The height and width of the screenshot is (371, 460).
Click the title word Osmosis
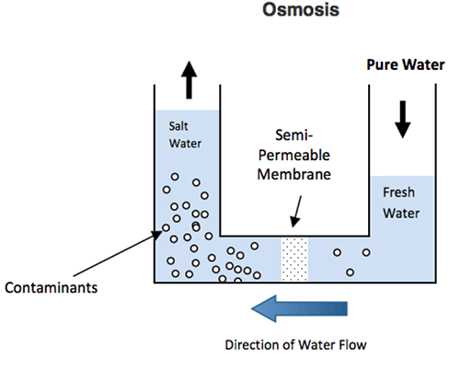tap(301, 9)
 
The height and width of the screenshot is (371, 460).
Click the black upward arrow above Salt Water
tap(189, 80)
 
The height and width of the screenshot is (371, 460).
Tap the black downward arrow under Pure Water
tap(403, 120)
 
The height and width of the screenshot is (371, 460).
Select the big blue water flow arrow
tap(299, 308)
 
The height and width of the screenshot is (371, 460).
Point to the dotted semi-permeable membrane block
tap(294, 259)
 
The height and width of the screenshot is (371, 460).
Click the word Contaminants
tap(52, 288)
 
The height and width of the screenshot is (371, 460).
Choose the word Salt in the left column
tap(178, 126)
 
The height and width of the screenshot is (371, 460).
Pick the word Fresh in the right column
tap(398, 192)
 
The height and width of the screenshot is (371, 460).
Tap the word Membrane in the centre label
tap(294, 174)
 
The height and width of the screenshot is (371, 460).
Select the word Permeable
tap(294, 155)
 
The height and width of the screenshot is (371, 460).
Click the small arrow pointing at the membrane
tap(296, 212)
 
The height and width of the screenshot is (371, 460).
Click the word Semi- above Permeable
tap(293, 135)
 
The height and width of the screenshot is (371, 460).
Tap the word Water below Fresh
tap(401, 214)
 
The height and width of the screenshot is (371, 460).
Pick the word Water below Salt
tap(185, 144)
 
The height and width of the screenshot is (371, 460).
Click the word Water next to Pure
tap(423, 64)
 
